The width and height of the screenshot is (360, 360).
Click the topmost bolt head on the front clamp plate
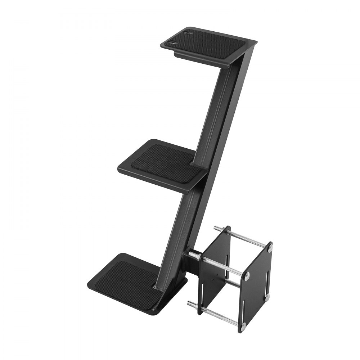[x=270, y=248]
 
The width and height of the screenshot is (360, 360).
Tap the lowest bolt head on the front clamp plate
[x=243, y=326]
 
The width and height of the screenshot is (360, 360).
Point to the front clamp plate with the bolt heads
[x=256, y=284]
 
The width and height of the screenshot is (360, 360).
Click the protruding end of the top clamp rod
[x=217, y=228]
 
